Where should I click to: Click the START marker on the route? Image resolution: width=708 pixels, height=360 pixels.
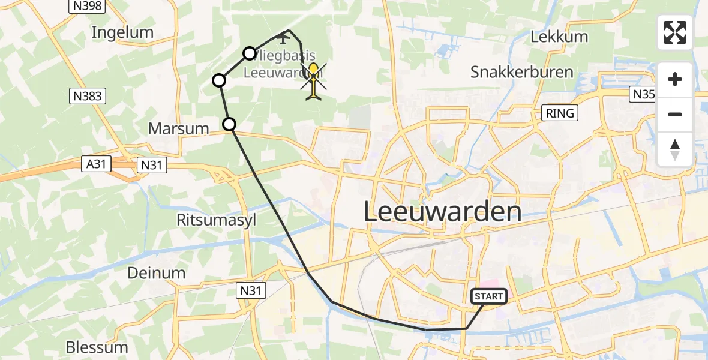click(489, 296)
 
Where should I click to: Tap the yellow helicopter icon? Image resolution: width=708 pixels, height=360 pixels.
click(313, 80)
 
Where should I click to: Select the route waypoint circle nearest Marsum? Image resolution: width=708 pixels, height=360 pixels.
click(229, 124)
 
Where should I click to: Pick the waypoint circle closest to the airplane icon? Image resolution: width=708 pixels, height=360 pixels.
click(250, 53)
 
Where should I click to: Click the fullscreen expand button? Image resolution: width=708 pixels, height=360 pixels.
click(675, 32)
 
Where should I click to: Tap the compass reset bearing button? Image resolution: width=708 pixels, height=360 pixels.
click(675, 149)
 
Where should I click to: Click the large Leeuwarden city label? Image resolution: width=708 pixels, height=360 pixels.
click(442, 212)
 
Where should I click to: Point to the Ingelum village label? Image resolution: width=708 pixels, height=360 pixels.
click(122, 32)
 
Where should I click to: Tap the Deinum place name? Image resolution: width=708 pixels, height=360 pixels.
click(156, 273)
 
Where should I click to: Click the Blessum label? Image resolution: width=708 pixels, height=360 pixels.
click(97, 347)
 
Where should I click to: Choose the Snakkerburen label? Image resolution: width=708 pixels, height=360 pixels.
click(521, 73)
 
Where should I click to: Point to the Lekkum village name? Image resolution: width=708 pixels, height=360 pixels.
click(559, 37)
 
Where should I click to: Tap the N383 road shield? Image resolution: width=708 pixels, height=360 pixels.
click(88, 96)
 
